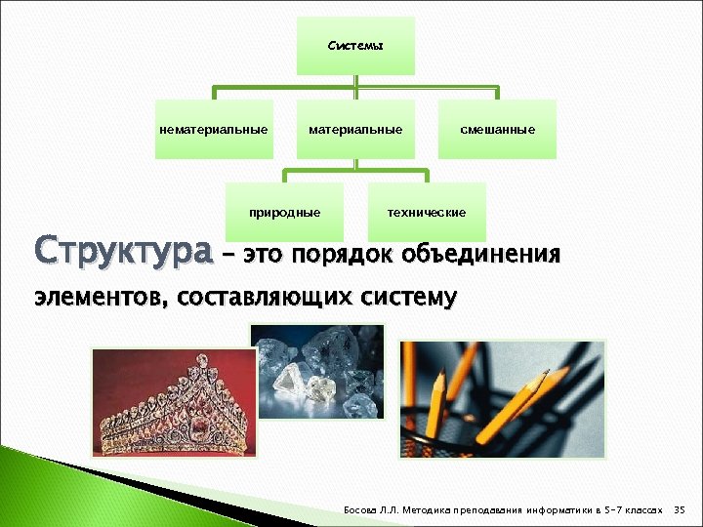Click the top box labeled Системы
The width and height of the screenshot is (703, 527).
(355, 46)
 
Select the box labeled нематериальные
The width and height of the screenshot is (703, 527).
(214, 129)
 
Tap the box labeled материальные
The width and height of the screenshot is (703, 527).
(355, 129)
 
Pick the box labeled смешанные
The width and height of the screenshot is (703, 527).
(498, 129)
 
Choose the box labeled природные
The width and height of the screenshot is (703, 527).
(284, 212)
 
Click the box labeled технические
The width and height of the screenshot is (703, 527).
(427, 212)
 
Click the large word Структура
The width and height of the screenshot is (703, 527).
(123, 252)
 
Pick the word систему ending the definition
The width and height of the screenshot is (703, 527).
(405, 297)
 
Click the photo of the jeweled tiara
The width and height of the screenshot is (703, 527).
(173, 403)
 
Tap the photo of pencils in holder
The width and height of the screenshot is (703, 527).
(501, 398)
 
